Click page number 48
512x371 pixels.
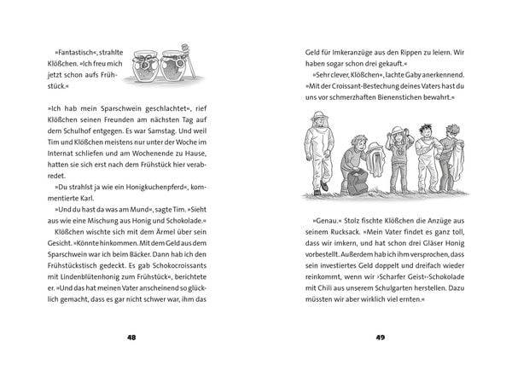point(131,337)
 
